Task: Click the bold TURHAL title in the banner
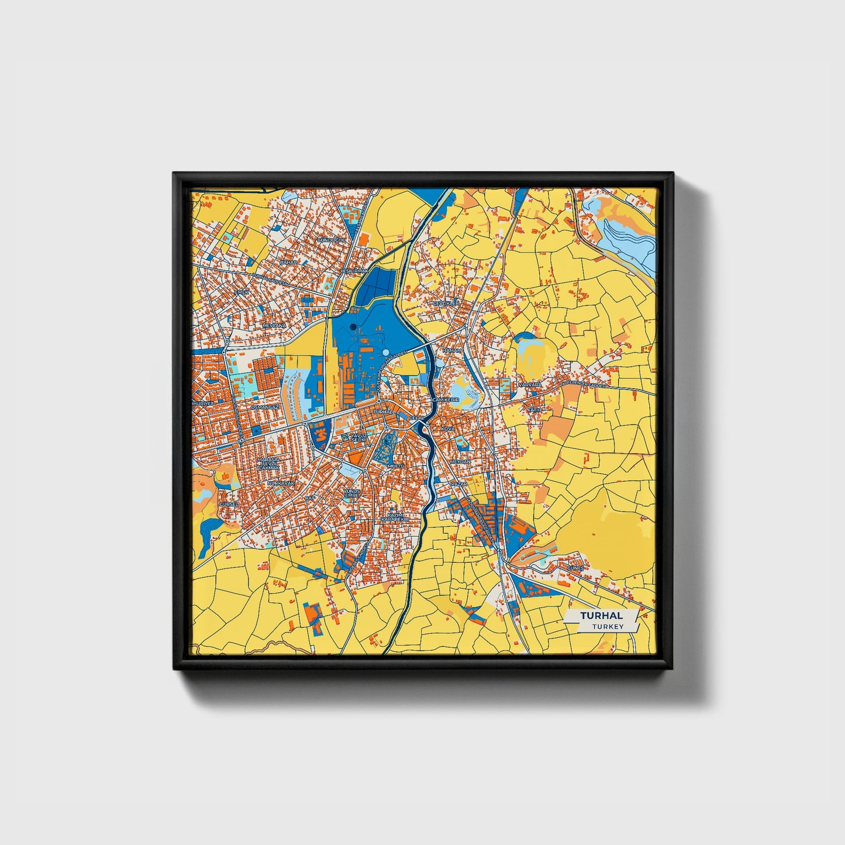click(601, 616)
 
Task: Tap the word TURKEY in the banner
click(608, 627)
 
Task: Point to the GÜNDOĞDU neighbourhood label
click(331, 240)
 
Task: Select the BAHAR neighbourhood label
click(288, 263)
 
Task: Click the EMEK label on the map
click(242, 292)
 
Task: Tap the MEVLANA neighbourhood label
click(274, 325)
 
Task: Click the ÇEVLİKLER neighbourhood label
click(446, 303)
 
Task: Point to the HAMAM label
click(451, 350)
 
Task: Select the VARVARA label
click(530, 385)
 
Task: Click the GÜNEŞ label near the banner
click(575, 568)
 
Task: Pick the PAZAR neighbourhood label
click(459, 485)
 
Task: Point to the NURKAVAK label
click(278, 484)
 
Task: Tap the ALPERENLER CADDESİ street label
click(585, 384)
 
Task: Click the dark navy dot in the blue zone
click(353, 327)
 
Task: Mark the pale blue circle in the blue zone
click(386, 352)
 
